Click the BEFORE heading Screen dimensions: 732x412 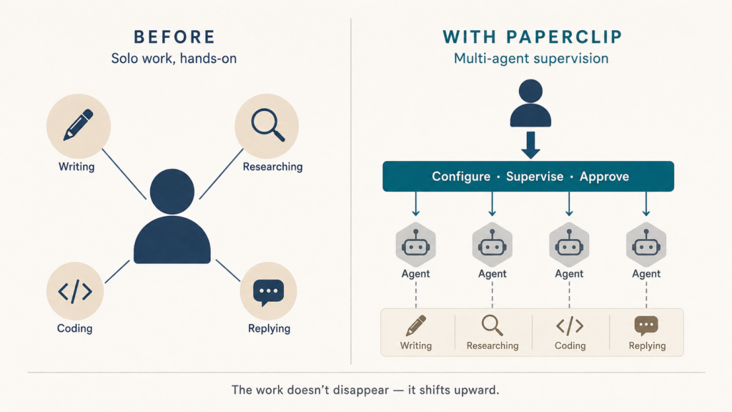tap(174, 37)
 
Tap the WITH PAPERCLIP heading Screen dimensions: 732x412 tap(532, 37)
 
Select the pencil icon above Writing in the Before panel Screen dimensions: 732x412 tap(78, 124)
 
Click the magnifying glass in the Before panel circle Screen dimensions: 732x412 tap(268, 124)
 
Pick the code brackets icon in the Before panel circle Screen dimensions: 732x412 tap(74, 292)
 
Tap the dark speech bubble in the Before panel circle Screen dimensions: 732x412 tap(269, 293)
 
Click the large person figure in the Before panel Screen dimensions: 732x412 tap(172, 216)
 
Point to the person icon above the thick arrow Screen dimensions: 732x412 tap(530, 103)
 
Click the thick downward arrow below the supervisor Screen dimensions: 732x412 tap(531, 145)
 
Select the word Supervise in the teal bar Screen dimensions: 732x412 tap(535, 177)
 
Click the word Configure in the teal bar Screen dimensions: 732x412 tap(461, 177)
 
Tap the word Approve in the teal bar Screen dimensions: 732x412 tap(604, 177)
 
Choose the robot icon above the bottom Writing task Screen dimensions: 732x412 tap(415, 245)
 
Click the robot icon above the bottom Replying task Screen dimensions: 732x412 tap(646, 245)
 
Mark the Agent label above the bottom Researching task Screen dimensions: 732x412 tap(492, 274)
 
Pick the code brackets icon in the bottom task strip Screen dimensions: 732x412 tap(570, 326)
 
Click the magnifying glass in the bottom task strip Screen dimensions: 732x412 tap(492, 325)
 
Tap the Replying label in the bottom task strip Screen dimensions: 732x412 tap(647, 345)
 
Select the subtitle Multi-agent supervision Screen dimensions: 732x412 tap(531, 59)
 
